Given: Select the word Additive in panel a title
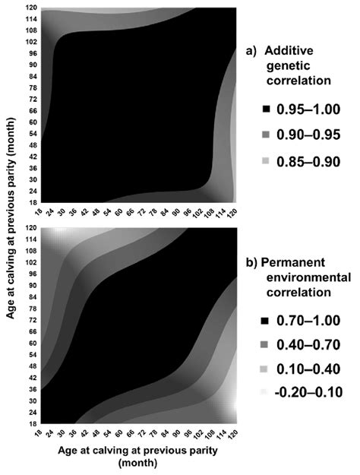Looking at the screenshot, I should point(290,51).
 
